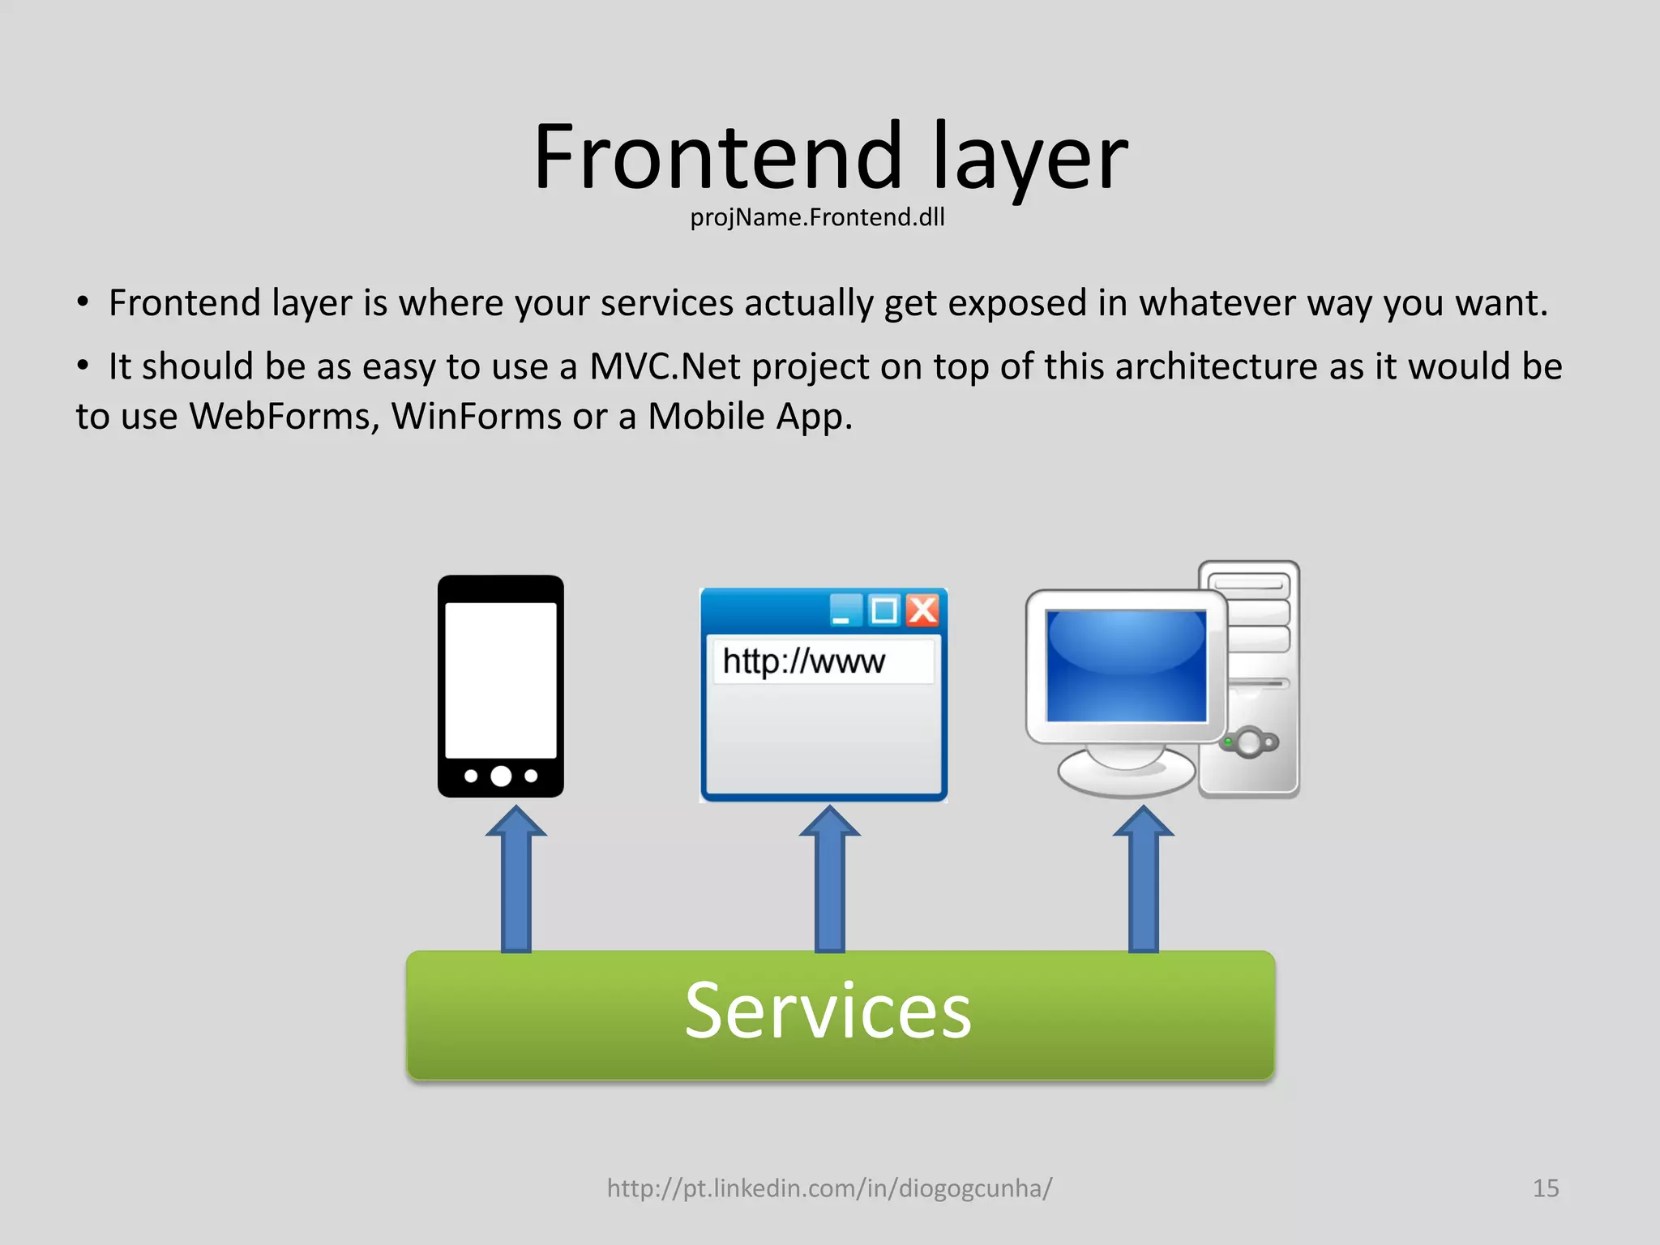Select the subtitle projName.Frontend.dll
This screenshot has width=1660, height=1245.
click(817, 217)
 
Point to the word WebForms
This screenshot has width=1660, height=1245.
click(284, 417)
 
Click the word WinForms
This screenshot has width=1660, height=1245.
click(476, 417)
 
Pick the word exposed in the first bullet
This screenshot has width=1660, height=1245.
click(1017, 303)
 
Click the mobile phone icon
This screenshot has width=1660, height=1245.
click(501, 686)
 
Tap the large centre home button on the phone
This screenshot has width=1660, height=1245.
click(501, 776)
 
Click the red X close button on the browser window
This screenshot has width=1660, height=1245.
click(922, 610)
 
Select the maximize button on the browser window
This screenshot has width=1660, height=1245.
click(884, 610)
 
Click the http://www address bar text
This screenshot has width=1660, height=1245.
click(803, 661)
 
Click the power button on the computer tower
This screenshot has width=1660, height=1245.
click(1250, 742)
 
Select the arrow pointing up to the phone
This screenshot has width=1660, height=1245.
click(516, 879)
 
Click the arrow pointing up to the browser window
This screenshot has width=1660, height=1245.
click(830, 879)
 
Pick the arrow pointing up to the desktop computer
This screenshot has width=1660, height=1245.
click(1143, 879)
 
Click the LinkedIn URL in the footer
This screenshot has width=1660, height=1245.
click(829, 1188)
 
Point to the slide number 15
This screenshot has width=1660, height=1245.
click(1545, 1188)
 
